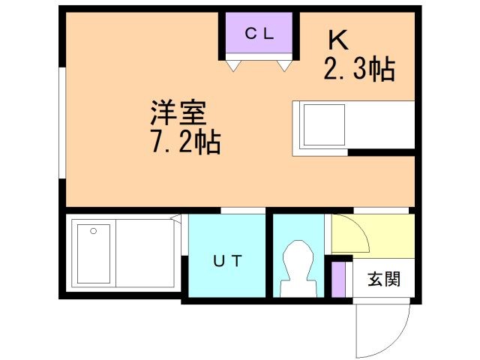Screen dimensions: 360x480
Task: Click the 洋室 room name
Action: point(178,113)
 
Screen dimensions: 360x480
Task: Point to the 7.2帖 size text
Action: point(184,142)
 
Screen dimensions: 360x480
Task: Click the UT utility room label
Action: point(226,261)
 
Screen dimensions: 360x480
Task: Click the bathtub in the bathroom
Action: point(94,254)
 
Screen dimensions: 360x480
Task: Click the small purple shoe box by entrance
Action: point(339,277)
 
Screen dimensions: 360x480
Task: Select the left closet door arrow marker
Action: point(232,67)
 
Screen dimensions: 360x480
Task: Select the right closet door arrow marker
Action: point(285,67)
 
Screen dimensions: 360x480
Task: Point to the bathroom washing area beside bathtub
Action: point(146,254)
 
